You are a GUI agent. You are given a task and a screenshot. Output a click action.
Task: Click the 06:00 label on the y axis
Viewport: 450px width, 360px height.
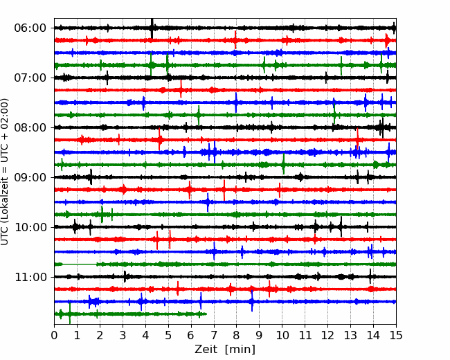30,28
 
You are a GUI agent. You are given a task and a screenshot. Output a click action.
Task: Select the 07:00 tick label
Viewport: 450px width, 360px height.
30,78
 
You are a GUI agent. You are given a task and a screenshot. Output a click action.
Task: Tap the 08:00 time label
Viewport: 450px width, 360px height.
30,127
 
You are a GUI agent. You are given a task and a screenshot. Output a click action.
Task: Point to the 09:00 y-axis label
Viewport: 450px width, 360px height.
30,177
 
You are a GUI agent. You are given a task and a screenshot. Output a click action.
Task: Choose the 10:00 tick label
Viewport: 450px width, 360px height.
30,227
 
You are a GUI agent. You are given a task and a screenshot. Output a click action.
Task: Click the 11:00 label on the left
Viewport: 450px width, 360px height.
30,277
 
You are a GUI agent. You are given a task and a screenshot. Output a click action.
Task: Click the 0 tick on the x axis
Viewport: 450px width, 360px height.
55,336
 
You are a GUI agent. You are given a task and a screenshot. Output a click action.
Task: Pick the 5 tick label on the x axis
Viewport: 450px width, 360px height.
168,336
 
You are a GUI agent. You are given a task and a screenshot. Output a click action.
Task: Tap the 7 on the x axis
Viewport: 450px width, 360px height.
214,336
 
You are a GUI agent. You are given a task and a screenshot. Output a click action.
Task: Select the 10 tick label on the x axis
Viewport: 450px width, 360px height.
282,336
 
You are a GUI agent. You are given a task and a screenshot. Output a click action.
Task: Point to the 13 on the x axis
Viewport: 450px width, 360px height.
350,336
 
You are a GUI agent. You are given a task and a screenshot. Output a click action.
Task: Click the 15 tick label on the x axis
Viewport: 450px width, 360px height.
395,336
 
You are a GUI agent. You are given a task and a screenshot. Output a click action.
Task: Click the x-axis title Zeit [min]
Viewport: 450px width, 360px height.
225,350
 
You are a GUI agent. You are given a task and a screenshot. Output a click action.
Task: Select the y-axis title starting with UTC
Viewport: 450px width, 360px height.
6,171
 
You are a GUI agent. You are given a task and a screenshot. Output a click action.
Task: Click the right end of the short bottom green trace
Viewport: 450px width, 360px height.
206,314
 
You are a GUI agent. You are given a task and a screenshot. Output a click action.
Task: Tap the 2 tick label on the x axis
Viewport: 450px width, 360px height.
100,336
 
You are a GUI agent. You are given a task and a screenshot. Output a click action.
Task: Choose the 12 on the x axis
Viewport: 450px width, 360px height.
327,336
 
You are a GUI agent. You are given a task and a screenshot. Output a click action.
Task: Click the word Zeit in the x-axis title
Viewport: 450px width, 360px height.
206,350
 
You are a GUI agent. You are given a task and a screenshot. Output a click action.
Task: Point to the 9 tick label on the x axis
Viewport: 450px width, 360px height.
259,336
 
